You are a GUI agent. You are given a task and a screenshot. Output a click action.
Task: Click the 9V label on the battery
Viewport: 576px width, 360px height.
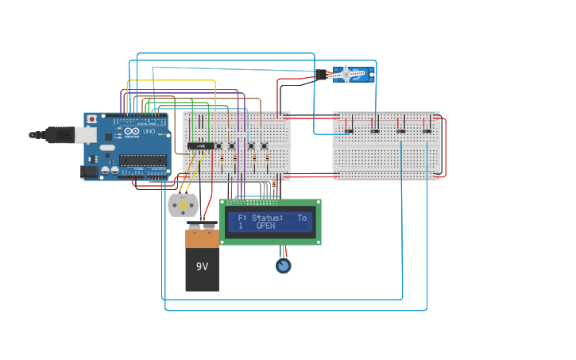click(x=202, y=265)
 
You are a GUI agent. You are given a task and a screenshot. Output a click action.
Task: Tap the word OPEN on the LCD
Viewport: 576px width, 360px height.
click(x=265, y=226)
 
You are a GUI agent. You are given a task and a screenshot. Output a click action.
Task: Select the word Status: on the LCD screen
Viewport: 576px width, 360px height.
click(x=267, y=217)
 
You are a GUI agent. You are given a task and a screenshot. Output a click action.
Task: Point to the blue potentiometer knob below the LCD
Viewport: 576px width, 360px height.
click(x=284, y=265)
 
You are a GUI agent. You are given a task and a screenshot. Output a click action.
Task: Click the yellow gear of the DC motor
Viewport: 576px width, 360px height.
click(x=183, y=205)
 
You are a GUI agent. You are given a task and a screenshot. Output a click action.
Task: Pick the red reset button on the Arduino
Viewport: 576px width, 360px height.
click(x=92, y=119)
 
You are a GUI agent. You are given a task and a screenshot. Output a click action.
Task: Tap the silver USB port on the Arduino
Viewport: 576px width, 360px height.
click(x=85, y=135)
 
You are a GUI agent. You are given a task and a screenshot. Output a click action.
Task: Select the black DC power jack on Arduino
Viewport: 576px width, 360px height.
click(x=89, y=171)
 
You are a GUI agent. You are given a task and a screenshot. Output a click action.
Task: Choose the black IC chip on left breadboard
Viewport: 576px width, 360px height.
click(x=202, y=146)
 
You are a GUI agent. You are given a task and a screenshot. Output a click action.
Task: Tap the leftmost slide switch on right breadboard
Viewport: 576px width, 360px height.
click(x=349, y=131)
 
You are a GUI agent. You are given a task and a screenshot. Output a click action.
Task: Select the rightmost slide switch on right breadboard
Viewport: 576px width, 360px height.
click(x=427, y=131)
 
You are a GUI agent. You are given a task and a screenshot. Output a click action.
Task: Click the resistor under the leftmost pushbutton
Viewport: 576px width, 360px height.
click(x=222, y=157)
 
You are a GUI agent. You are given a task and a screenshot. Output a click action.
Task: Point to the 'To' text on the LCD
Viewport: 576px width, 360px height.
click(x=302, y=217)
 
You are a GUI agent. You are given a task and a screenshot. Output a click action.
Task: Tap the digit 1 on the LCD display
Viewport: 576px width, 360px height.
click(x=240, y=226)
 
